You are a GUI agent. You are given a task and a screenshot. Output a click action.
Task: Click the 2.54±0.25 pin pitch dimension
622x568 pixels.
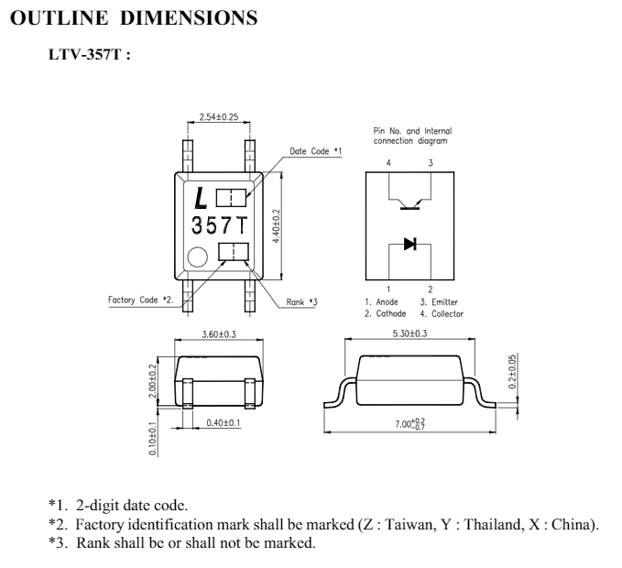219,116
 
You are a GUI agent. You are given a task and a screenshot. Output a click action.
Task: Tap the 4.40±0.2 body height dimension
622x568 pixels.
277,226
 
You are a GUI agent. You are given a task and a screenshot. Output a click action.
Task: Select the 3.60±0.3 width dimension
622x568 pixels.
219,334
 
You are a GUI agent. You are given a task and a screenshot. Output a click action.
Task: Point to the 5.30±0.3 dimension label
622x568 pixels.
409,333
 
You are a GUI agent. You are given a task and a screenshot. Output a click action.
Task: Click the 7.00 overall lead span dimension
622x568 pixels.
409,424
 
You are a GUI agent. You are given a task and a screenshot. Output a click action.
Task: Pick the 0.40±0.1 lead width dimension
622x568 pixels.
224,423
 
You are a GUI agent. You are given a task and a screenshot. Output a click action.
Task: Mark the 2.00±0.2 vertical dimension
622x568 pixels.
152,381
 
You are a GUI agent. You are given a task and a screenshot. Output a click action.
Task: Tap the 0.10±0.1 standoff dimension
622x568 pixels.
153,439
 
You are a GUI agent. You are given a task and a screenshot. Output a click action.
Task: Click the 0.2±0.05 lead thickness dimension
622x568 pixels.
512,372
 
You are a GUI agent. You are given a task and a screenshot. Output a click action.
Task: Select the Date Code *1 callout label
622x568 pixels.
315,151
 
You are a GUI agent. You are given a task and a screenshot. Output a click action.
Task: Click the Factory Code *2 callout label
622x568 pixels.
141,300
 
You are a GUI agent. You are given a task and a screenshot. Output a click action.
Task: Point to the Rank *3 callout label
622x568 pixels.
302,302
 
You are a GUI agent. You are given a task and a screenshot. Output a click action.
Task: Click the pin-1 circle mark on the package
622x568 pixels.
197,257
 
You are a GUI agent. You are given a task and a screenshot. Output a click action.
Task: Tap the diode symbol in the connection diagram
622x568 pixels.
409,244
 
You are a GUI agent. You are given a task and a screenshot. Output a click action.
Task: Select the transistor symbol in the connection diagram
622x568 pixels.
409,204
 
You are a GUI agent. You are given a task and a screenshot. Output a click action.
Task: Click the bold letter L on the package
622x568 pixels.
202,198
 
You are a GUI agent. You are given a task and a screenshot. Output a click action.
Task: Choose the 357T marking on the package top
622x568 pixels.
219,225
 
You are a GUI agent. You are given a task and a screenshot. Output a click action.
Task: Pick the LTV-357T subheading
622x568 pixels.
89,54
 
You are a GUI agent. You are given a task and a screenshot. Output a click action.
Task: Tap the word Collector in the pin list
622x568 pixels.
447,313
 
